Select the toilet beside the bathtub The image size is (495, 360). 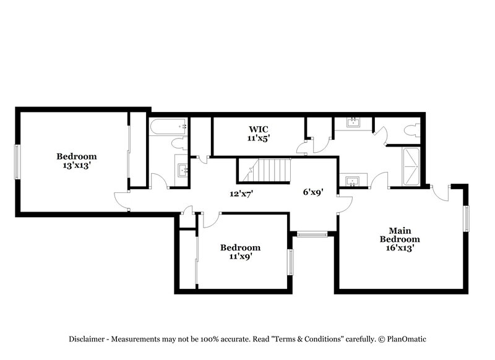coord(179,144)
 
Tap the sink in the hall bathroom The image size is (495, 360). coord(183,170)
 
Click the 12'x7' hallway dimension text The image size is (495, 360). coord(242,194)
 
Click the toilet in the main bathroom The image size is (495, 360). coord(411,130)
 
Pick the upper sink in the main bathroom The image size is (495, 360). coord(353,122)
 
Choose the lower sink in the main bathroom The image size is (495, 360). coord(353,181)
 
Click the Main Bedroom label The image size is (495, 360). coord(399,239)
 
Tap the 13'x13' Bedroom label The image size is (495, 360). coord(77,161)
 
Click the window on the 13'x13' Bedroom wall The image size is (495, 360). coord(18,161)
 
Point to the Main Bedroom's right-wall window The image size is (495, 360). coord(467,219)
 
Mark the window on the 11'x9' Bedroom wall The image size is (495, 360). coord(290,262)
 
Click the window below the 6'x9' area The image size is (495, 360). coord(312,234)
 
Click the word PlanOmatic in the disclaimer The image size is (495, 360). coord(406,339)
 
